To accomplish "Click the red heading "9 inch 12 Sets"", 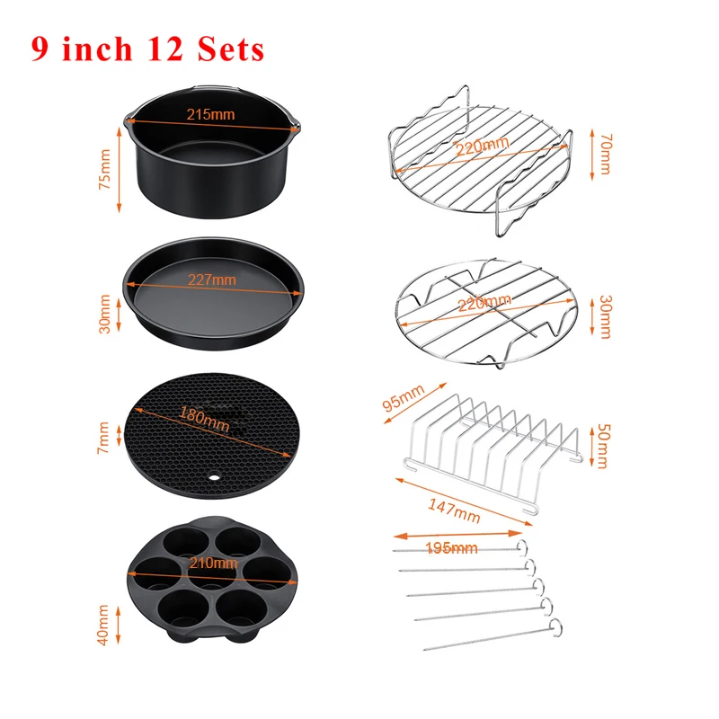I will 147,48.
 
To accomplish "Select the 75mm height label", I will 106,169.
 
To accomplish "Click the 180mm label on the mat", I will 204,417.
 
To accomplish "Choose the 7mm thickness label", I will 106,439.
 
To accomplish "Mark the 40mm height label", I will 106,624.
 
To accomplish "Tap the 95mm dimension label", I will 404,399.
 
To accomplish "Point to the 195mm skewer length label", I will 452,547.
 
